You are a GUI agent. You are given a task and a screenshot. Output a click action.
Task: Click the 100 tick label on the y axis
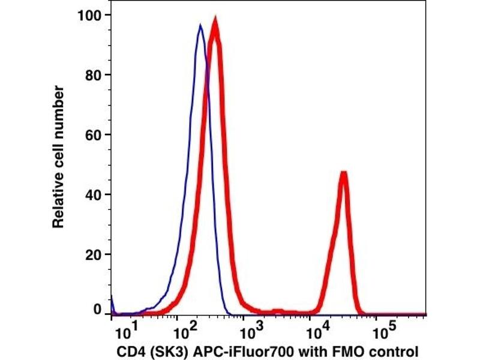(89, 14)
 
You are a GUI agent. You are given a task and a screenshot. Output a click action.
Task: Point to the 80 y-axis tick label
(93, 74)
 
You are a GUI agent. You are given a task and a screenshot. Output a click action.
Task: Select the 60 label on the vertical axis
(93, 134)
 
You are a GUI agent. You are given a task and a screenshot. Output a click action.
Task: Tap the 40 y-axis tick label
(93, 194)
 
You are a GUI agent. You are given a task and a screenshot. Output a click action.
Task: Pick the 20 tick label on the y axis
(93, 254)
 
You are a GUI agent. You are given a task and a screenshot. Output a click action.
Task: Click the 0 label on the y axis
(97, 310)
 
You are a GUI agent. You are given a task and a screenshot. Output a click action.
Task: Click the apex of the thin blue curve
(200, 25)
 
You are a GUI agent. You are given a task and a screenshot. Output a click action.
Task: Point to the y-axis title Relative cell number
(58, 157)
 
